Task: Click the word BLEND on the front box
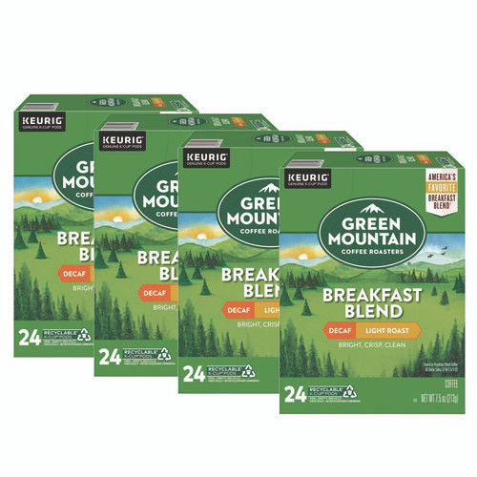[x=374, y=307]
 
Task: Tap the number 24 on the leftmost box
[x=29, y=337]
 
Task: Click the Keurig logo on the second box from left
[x=119, y=140]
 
